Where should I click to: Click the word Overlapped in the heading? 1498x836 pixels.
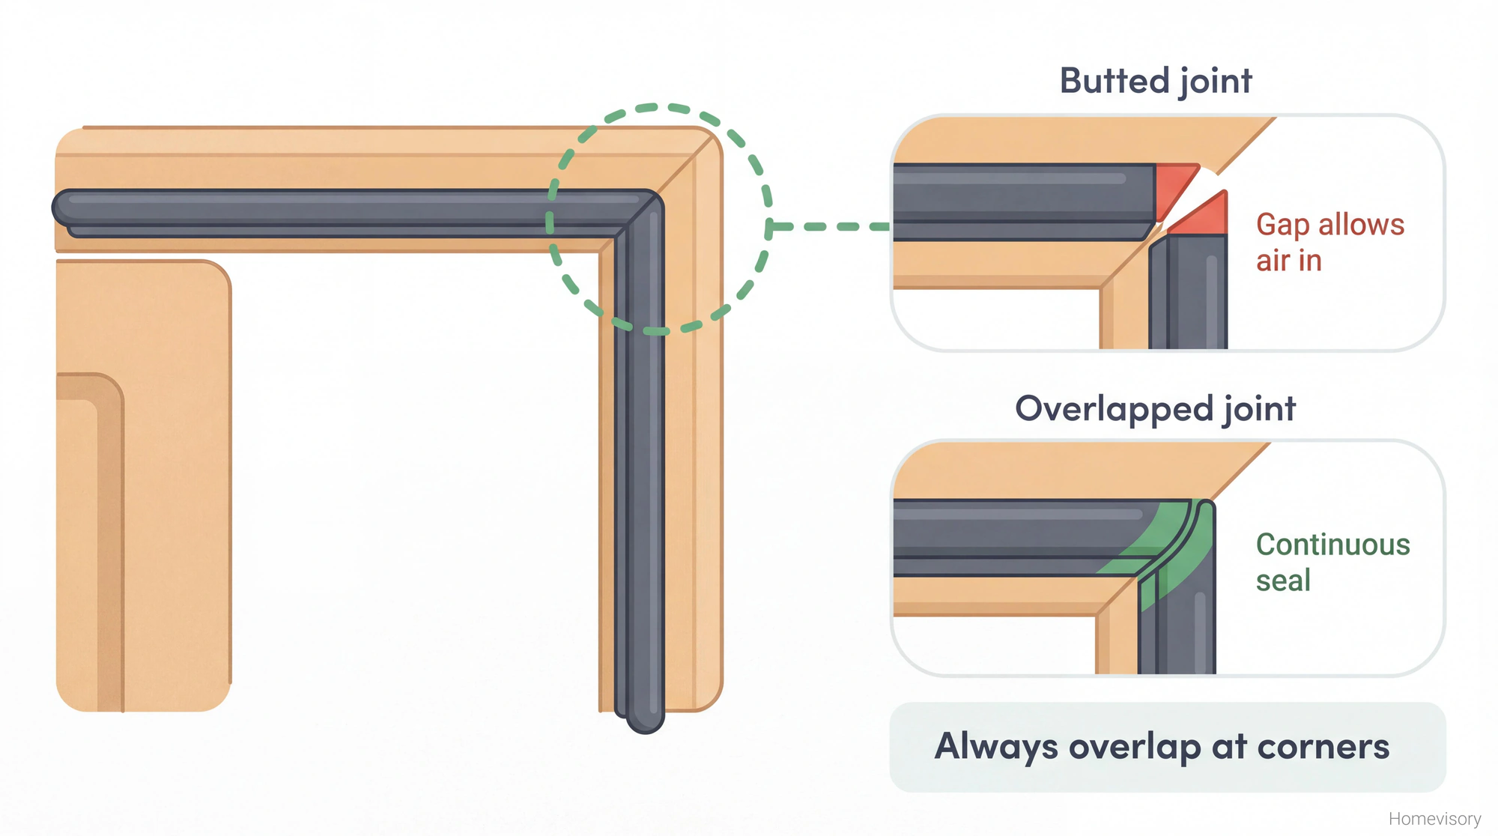[1114, 409]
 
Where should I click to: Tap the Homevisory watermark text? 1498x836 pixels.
[1434, 819]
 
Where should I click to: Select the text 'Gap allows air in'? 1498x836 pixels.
[1329, 242]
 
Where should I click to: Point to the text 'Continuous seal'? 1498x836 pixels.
[1332, 562]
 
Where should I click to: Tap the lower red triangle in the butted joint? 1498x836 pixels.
[1204, 217]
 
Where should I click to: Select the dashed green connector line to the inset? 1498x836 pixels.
[831, 226]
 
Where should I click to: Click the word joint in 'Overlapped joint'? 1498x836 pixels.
[1259, 409]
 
